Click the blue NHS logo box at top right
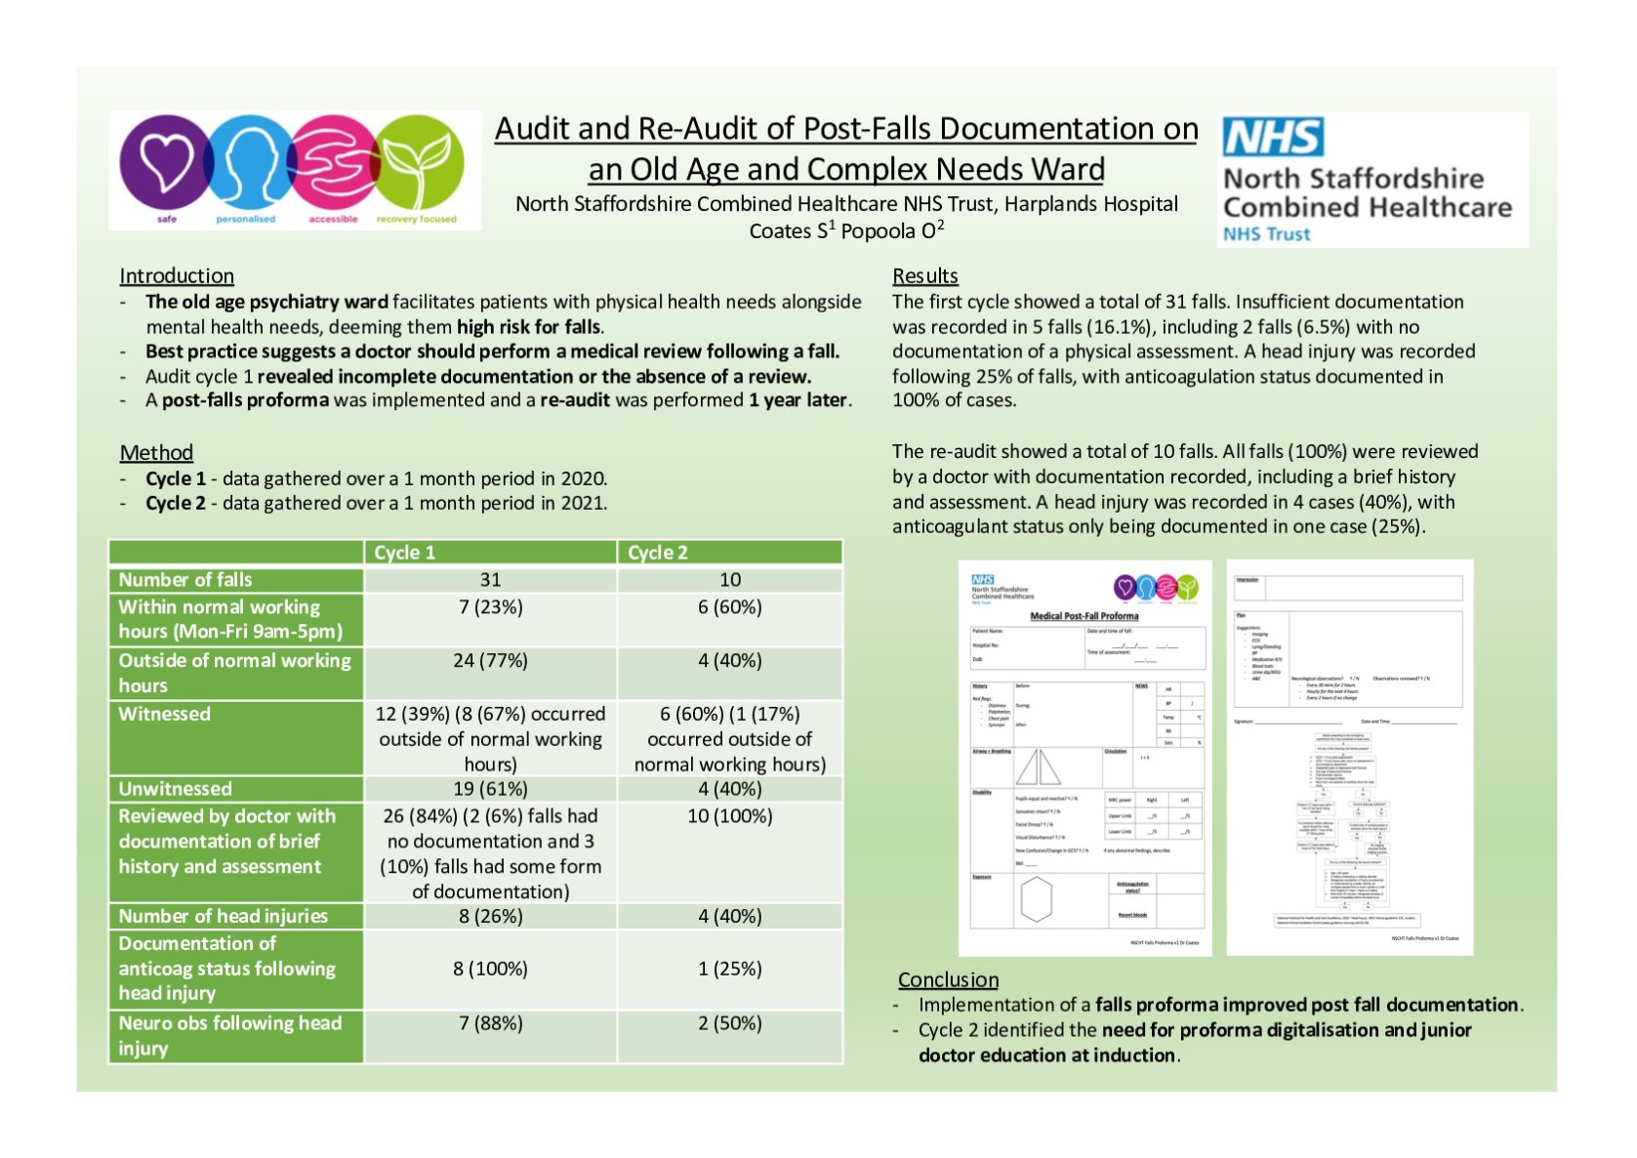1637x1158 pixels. click(x=1273, y=138)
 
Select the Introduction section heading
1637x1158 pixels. click(x=177, y=276)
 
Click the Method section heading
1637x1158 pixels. click(x=156, y=453)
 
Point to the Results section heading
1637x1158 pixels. click(x=924, y=276)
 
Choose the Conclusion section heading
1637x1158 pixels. click(x=948, y=979)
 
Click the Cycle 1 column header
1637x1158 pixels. click(x=405, y=553)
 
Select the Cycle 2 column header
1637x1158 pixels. click(x=658, y=553)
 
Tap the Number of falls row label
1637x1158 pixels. click(x=185, y=580)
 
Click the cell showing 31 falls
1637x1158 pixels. click(x=490, y=580)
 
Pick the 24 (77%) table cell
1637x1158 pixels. click(x=490, y=661)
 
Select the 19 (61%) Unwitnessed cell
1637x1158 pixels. click(x=490, y=789)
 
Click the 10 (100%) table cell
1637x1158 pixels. click(x=729, y=816)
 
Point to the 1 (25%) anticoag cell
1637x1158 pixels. click(x=729, y=969)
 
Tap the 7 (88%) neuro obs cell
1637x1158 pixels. click(x=490, y=1023)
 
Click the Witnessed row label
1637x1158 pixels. click(x=164, y=714)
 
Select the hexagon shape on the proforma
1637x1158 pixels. click(x=1036, y=899)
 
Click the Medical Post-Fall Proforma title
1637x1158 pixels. click(x=1084, y=616)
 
